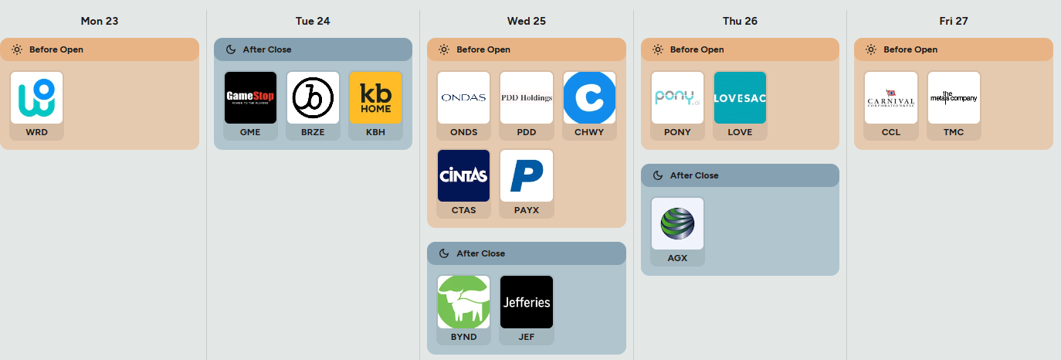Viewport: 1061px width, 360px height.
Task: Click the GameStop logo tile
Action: pos(250,97)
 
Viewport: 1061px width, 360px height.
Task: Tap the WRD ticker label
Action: pos(36,132)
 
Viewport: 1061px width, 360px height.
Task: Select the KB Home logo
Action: pos(375,97)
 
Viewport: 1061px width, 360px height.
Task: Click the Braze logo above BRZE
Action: pos(313,97)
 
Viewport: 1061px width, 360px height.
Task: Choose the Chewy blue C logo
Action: pos(589,97)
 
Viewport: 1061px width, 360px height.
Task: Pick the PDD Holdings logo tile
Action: pos(527,97)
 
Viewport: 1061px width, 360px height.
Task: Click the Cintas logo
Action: pos(463,175)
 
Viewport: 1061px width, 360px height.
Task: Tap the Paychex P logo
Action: pos(527,175)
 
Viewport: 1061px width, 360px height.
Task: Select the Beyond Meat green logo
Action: pos(463,302)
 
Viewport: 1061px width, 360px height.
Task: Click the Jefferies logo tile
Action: pos(527,302)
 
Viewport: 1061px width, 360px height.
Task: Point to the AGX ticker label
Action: pos(677,258)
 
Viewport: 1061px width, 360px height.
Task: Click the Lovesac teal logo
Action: pos(740,97)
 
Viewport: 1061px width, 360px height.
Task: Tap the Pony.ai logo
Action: pos(677,97)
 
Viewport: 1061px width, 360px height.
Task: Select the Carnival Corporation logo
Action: pos(890,97)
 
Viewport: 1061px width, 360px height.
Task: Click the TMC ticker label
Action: pos(954,132)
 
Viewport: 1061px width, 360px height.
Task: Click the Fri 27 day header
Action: pos(954,21)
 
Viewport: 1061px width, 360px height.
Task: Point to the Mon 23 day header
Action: pos(100,21)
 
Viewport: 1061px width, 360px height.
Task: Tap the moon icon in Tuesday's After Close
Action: pos(230,49)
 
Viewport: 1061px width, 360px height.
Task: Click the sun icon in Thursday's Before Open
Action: pos(657,49)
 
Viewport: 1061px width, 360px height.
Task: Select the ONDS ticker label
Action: pos(463,132)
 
